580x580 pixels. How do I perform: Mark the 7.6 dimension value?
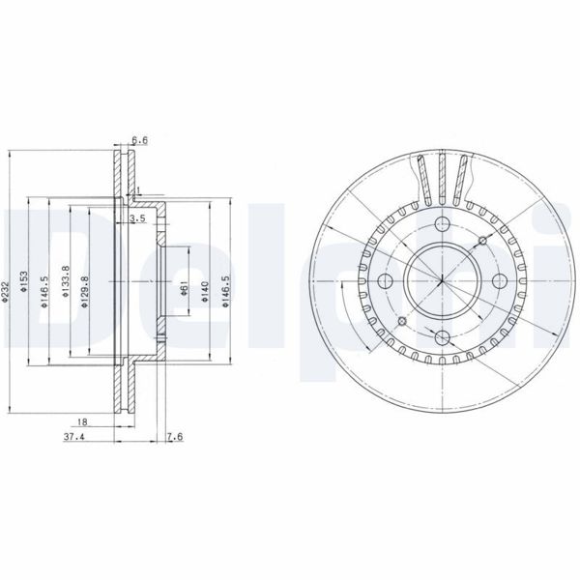173,437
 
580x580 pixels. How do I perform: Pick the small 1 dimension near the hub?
138,189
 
